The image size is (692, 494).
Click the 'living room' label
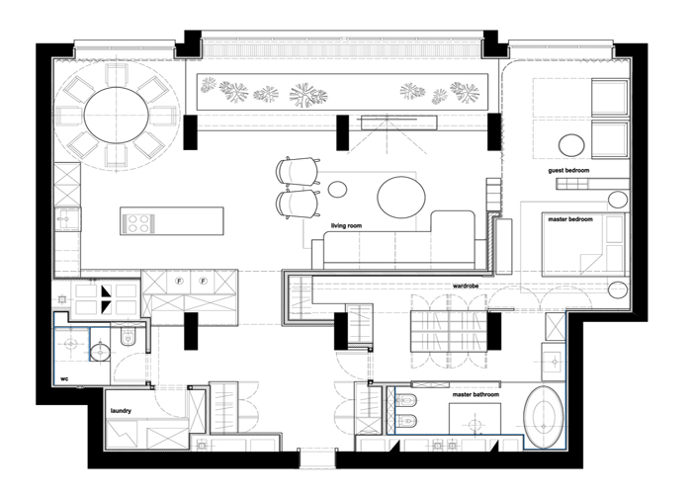(346, 226)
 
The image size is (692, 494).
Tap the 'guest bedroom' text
(568, 170)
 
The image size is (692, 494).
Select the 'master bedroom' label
(570, 219)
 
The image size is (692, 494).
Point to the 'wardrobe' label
(466, 286)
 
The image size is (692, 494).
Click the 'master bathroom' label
(476, 394)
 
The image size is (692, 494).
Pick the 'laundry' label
(121, 411)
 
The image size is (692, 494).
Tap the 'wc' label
(64, 378)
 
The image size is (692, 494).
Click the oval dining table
(116, 116)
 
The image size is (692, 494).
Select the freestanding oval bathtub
(544, 417)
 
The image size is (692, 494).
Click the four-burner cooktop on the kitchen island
(138, 222)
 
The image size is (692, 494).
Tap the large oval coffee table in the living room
(401, 198)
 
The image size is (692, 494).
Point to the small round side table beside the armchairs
(338, 190)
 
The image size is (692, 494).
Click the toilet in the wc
(128, 336)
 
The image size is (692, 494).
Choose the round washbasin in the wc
(100, 353)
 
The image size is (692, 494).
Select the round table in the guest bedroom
(571, 145)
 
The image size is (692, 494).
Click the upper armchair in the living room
(298, 170)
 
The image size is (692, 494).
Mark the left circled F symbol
(179, 281)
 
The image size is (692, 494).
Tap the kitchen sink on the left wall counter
(67, 219)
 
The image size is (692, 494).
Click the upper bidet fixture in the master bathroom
(404, 400)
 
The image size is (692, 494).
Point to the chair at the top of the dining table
(117, 74)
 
